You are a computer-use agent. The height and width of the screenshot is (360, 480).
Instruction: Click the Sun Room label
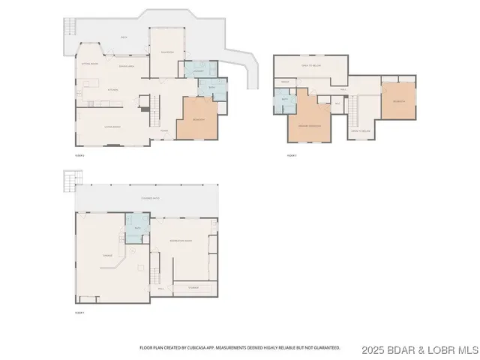click(168, 52)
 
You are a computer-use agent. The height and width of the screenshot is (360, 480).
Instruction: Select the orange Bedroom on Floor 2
click(199, 118)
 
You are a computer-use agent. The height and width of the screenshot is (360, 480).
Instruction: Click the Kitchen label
click(113, 89)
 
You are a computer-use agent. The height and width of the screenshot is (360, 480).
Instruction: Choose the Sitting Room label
click(91, 64)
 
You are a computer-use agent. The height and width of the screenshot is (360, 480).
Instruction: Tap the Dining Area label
click(126, 67)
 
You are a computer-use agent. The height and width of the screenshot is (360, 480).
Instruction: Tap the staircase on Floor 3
click(352, 112)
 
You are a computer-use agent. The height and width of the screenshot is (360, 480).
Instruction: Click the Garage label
click(107, 256)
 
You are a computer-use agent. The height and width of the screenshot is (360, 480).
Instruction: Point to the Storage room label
click(193, 286)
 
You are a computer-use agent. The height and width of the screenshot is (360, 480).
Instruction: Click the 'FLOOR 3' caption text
click(292, 156)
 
